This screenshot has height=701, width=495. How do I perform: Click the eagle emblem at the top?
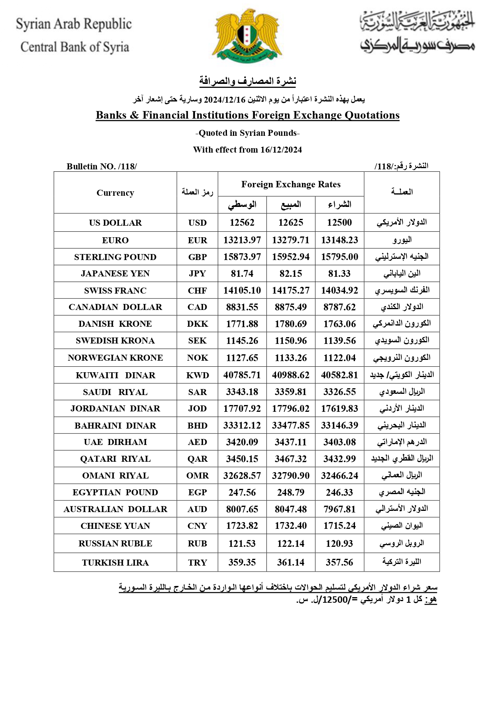tap(247, 35)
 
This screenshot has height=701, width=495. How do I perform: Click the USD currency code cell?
tap(197, 223)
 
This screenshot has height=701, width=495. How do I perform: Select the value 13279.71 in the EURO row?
tap(291, 240)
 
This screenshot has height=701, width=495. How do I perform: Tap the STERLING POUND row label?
tap(115, 257)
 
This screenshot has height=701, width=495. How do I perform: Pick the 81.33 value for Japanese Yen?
tap(339, 274)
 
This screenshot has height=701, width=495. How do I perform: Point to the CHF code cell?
tap(197, 291)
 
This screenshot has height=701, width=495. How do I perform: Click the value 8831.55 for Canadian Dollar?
tap(242, 307)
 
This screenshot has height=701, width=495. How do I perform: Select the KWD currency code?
tap(197, 375)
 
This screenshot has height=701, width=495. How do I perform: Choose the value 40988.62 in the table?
tap(291, 375)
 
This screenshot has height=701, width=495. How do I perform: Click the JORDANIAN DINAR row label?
tap(115, 409)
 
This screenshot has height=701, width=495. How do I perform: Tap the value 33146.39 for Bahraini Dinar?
tap(339, 425)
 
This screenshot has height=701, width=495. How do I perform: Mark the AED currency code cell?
tap(197, 442)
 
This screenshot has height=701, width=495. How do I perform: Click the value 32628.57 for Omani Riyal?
tap(242, 476)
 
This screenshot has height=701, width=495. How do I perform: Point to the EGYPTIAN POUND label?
tap(115, 492)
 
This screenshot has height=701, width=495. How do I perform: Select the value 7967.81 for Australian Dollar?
tap(339, 509)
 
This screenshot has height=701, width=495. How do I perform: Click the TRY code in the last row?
tap(197, 563)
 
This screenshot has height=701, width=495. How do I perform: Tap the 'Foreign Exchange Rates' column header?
tap(291, 185)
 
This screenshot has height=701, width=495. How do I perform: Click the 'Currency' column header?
tap(115, 193)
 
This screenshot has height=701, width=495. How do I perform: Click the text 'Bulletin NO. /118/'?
tap(102, 167)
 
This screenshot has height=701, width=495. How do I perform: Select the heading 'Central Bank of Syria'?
tap(75, 47)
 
